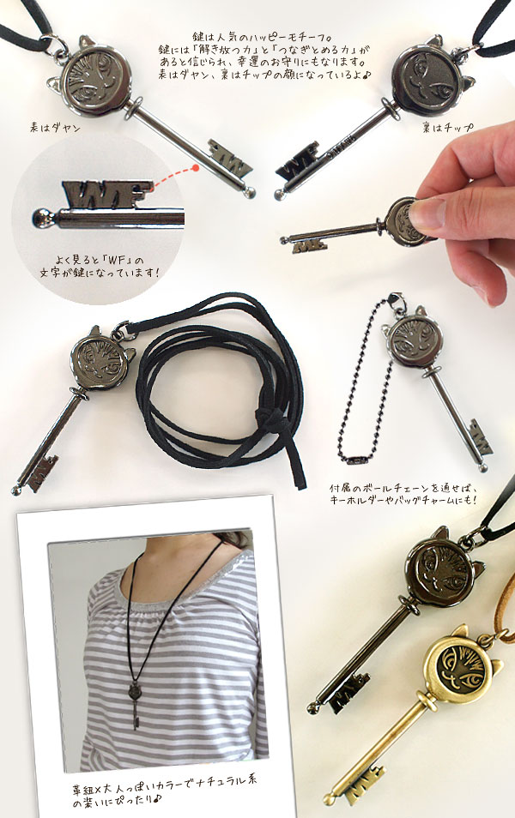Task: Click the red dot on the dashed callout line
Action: tap(196, 169)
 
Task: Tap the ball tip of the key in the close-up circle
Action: tap(40, 218)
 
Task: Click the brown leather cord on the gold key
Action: tap(502, 605)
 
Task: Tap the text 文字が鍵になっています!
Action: tap(100, 273)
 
